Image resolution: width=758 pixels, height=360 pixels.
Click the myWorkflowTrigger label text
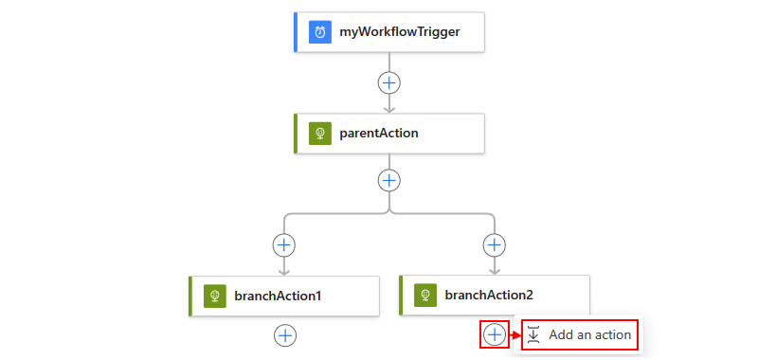[400, 32]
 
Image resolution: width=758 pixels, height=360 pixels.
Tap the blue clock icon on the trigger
[320, 32]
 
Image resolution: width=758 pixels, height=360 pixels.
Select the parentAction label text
[379, 134]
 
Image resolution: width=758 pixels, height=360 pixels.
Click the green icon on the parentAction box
[320, 134]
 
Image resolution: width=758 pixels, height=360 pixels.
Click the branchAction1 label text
[278, 296]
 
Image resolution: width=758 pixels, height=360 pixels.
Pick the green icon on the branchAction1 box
[215, 296]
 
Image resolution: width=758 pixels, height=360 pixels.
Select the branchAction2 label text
[489, 295]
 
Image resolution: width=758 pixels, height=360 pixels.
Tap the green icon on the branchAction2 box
[425, 295]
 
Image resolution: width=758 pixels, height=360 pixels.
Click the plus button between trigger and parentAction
[389, 83]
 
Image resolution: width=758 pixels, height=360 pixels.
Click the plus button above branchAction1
[284, 245]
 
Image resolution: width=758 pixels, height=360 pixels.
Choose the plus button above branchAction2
[494, 245]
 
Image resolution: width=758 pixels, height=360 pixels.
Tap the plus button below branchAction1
[285, 335]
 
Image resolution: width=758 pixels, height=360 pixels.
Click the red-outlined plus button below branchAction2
[495, 334]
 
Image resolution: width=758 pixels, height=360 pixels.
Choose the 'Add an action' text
[589, 334]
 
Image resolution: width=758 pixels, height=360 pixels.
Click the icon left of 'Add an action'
[533, 334]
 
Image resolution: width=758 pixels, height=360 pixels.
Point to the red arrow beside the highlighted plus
[514, 334]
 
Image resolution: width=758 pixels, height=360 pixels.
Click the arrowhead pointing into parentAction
[389, 108]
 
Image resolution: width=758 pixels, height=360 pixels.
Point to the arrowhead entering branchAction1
[284, 271]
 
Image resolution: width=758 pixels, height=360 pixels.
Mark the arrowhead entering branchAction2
[494, 270]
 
